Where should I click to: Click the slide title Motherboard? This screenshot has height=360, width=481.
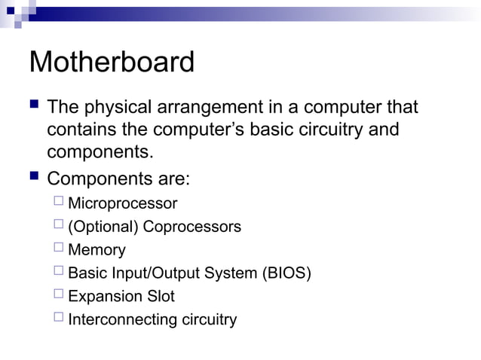[112, 63]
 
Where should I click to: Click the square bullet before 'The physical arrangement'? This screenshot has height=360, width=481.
[33, 107]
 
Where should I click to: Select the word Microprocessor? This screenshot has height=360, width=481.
[122, 203]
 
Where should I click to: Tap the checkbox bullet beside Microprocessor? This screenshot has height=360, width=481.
[59, 203]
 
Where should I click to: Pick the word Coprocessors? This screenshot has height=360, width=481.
[192, 227]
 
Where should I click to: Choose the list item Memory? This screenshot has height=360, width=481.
[97, 250]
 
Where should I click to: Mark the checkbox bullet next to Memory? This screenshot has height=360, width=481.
[59, 249]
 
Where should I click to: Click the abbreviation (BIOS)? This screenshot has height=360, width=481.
[286, 273]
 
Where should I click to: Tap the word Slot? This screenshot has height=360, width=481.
[160, 296]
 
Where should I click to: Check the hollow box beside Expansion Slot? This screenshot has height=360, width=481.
[59, 295]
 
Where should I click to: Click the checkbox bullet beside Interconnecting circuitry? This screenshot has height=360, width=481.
[59, 318]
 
